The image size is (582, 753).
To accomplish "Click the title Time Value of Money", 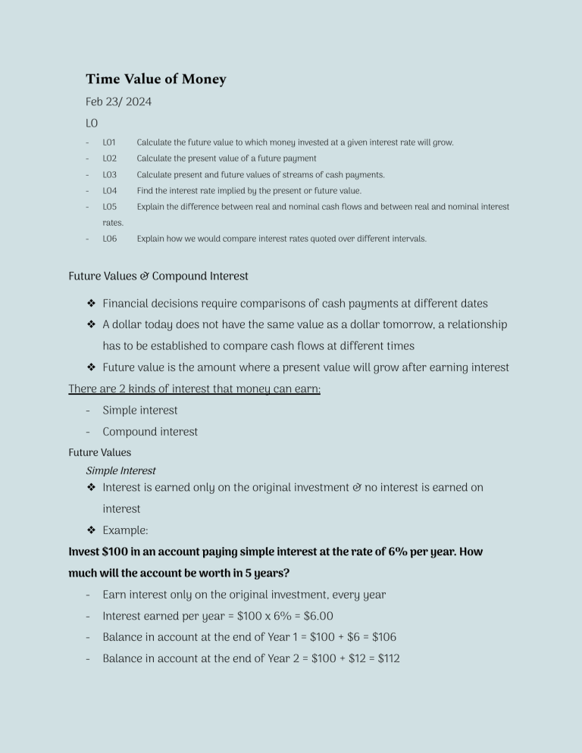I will [x=155, y=79].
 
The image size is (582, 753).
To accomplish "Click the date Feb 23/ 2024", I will [x=118, y=102].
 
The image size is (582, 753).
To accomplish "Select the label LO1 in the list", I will [x=109, y=142].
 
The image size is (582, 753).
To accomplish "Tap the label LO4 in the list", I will [x=110, y=191].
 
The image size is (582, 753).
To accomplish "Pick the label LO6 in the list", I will [x=110, y=239].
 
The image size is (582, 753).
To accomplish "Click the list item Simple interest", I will [x=140, y=410].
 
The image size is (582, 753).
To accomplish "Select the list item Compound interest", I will [x=150, y=431].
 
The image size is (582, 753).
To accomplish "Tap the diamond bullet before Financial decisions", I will [x=91, y=304].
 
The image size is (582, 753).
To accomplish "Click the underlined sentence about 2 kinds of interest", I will [x=194, y=389].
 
